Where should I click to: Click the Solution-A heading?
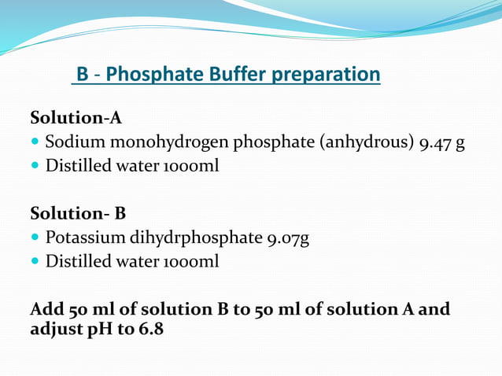76,119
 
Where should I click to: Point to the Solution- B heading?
78,214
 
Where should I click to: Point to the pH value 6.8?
151,330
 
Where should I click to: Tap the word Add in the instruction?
46,309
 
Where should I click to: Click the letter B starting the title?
83,75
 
